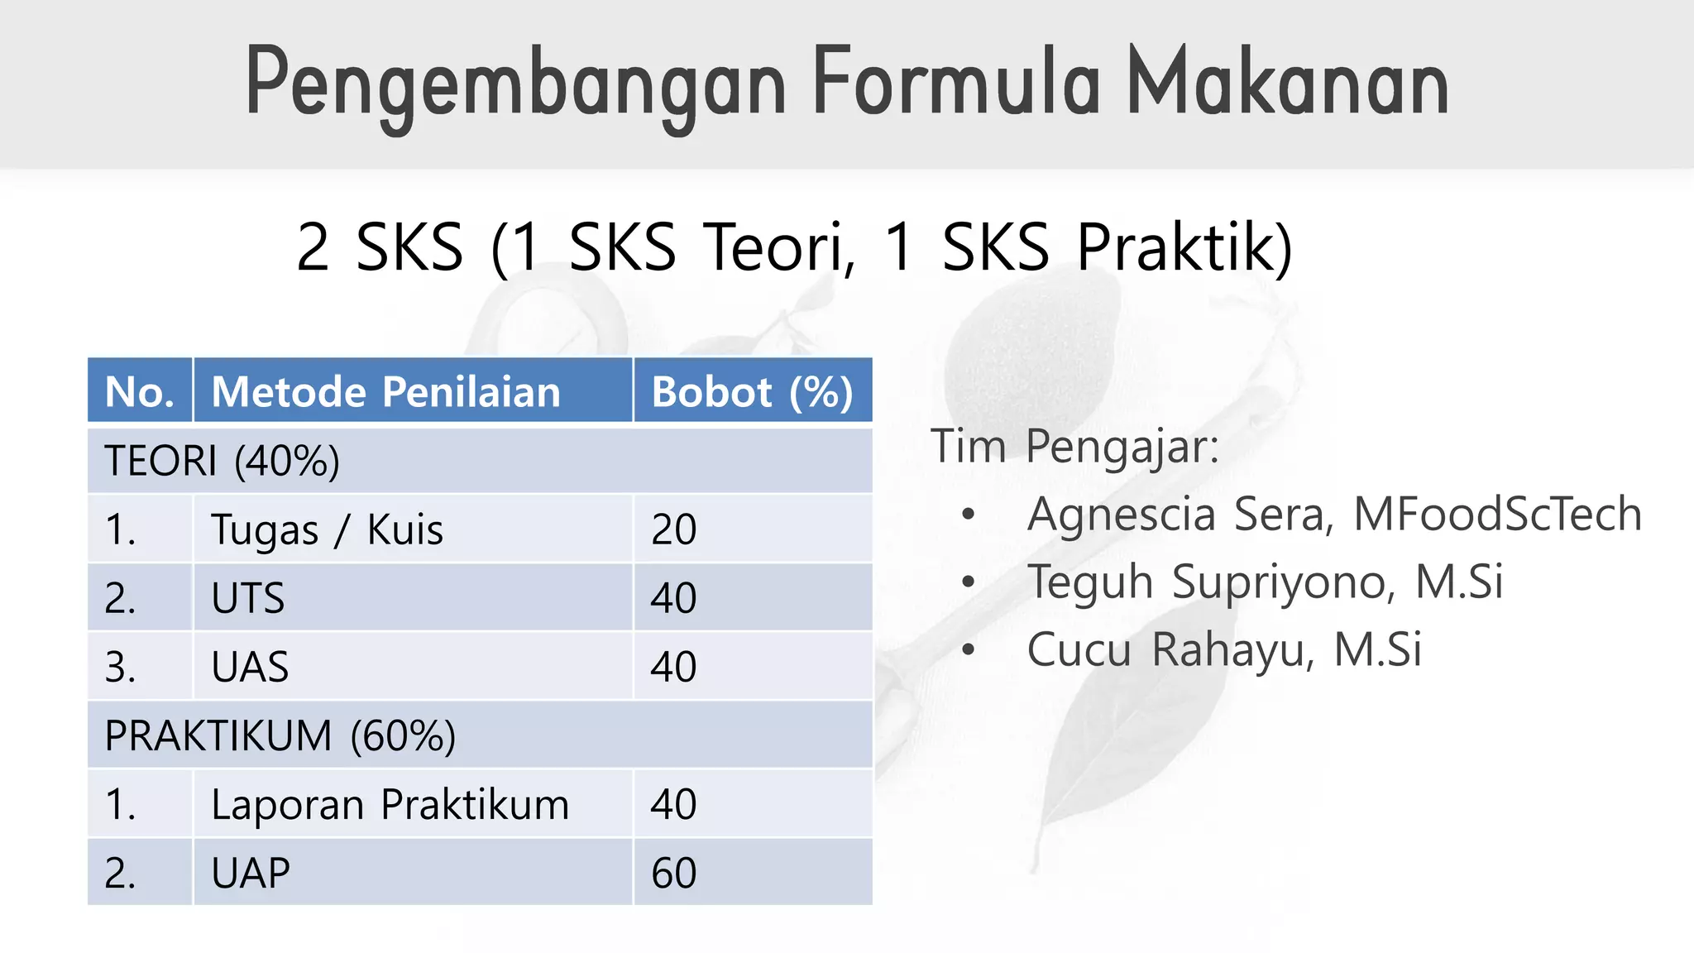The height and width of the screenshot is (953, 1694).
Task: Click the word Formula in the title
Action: click(x=956, y=83)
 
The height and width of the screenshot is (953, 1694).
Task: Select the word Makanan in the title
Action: click(x=1288, y=83)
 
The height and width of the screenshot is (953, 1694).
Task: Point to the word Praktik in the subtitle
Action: click(x=1184, y=247)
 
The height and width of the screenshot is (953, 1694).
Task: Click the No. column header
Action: click(x=139, y=391)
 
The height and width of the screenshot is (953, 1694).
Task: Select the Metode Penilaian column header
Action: click(x=385, y=391)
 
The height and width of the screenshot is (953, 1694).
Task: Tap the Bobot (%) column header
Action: click(x=751, y=391)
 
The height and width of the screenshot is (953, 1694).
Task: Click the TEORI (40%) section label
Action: click(x=222, y=461)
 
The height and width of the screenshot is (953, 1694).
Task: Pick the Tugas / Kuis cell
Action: click(x=327, y=529)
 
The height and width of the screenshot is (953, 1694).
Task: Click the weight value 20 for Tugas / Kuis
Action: click(x=673, y=529)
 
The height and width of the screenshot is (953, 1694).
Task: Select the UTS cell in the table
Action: click(x=247, y=598)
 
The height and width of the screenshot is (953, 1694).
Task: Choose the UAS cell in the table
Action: click(x=250, y=667)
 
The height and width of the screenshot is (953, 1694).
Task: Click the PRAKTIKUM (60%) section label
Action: click(x=280, y=735)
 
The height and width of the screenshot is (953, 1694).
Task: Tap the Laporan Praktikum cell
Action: click(x=390, y=804)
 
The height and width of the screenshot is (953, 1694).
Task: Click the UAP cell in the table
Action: click(x=250, y=873)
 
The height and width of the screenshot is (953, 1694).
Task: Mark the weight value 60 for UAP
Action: click(x=673, y=873)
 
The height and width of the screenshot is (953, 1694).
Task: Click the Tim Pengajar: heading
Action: click(x=1074, y=447)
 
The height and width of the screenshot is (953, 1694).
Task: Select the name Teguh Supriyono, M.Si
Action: click(x=1265, y=581)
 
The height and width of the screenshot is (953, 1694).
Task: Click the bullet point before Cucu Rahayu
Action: click(x=969, y=649)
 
